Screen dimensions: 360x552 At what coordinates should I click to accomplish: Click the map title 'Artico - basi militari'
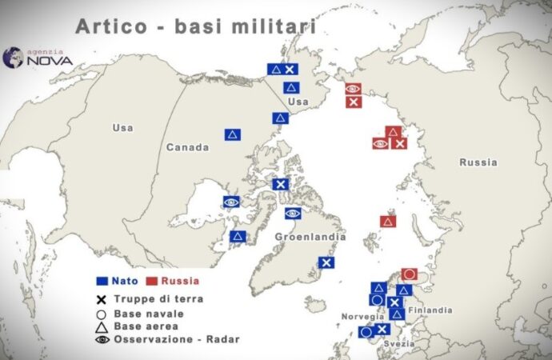pyautogui.click(x=195, y=26)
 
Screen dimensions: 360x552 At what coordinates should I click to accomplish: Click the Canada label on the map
pyautogui.click(x=187, y=147)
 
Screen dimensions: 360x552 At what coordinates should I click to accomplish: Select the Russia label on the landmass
pyautogui.click(x=478, y=162)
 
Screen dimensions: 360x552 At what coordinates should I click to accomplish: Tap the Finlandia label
pyautogui.click(x=430, y=310)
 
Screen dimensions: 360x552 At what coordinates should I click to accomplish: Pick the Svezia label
pyautogui.click(x=399, y=343)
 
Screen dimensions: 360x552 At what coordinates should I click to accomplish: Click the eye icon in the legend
pyautogui.click(x=102, y=339)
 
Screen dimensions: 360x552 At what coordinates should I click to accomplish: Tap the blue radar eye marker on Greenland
pyautogui.click(x=293, y=214)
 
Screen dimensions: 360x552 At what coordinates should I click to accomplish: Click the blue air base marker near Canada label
pyautogui.click(x=232, y=134)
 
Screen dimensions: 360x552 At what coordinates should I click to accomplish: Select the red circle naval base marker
pyautogui.click(x=409, y=274)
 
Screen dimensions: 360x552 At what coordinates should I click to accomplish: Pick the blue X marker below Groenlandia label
pyautogui.click(x=326, y=262)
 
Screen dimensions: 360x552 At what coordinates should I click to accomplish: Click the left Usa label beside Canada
pyautogui.click(x=123, y=128)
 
